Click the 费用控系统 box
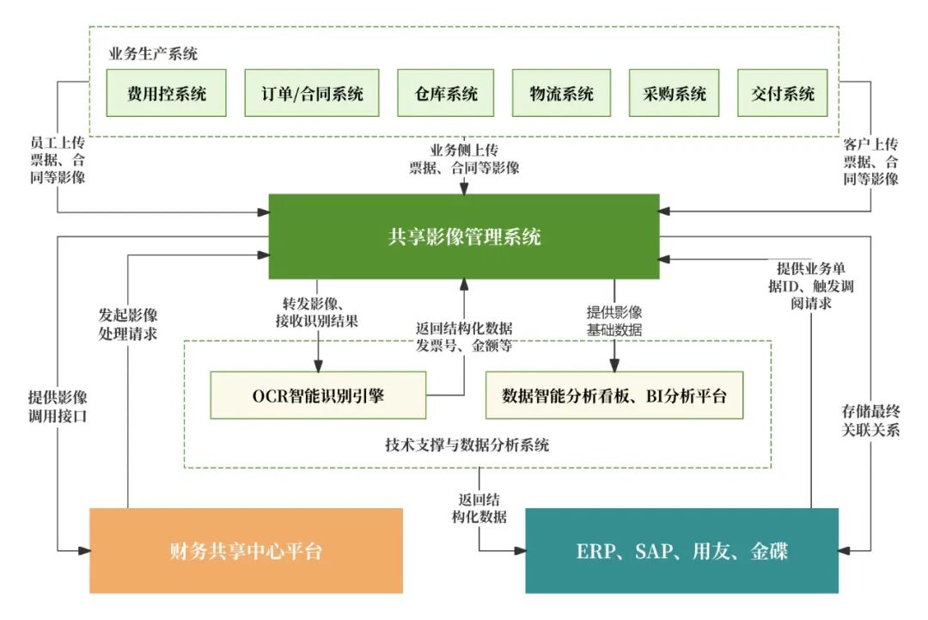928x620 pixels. point(167,93)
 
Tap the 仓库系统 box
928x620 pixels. point(446,93)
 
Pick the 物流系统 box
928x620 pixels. point(562,93)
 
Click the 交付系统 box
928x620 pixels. point(783,93)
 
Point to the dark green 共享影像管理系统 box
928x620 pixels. point(464,236)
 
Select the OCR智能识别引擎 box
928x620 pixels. point(318,396)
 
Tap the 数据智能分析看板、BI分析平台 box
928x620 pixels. point(614,396)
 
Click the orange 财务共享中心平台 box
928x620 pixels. point(246,550)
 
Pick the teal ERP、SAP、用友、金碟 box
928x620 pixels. point(681,550)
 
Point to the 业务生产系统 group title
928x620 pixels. point(153,54)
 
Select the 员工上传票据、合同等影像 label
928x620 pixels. point(58,161)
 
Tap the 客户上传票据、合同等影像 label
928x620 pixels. point(870,161)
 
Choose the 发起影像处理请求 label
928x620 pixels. point(128,323)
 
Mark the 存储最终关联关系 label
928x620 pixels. point(870,420)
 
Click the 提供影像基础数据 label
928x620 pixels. point(614,320)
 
